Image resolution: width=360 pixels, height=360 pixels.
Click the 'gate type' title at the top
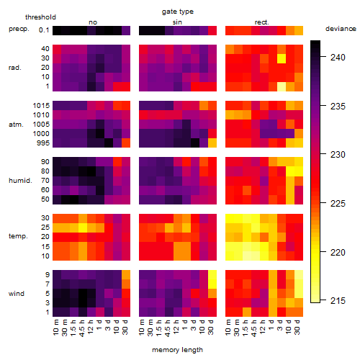tap(178, 12)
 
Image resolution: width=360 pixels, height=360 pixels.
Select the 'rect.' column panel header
tap(261, 22)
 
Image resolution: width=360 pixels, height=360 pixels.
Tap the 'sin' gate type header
tap(177, 22)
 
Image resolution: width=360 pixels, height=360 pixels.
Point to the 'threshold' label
tap(40, 17)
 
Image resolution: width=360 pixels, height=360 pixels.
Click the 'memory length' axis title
tap(177, 350)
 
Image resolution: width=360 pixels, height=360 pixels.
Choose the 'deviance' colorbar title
tap(341, 29)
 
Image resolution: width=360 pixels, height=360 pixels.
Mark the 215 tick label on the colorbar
tap(338, 300)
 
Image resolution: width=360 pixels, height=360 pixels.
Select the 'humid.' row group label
tap(20, 181)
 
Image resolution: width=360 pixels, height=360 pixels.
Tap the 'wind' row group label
tap(17, 294)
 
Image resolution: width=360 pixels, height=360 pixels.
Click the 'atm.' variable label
tap(16, 125)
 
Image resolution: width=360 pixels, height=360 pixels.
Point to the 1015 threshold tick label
tap(41, 106)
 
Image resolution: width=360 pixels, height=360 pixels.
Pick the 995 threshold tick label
tap(43, 143)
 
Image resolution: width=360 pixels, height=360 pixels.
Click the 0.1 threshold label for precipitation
tap(44, 30)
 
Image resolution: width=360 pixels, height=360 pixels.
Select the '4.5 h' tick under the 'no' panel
tap(81, 328)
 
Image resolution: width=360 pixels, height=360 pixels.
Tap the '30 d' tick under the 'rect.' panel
tap(297, 328)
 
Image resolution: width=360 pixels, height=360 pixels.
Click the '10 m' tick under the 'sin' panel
tap(142, 328)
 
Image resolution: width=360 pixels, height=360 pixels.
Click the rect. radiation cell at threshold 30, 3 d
tap(282, 58)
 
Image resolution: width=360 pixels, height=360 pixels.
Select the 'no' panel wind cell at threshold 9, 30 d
tap(126, 275)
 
